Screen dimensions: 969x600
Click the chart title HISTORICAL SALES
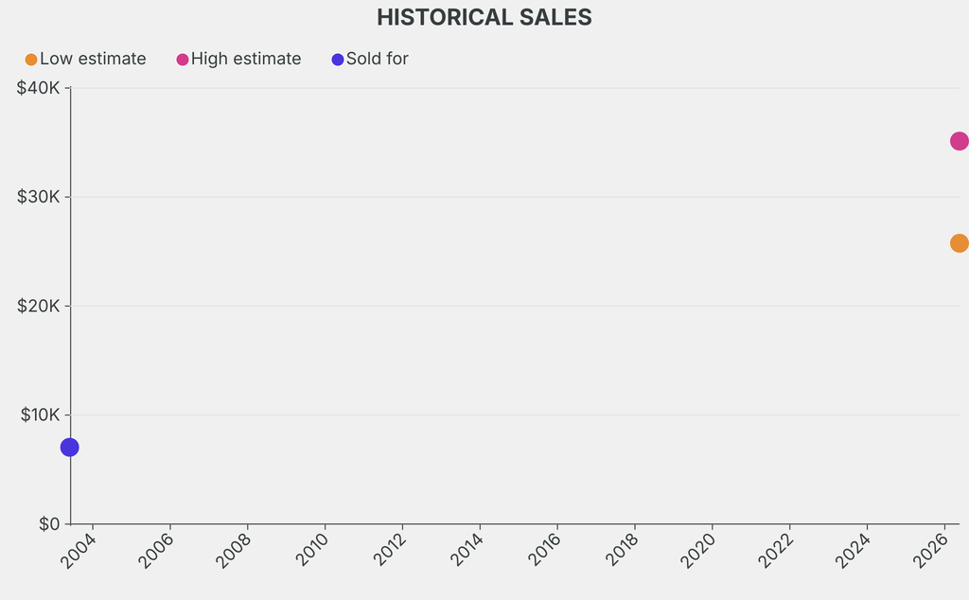(484, 17)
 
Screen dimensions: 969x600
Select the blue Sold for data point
(70, 448)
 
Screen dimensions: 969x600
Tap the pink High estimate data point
(960, 142)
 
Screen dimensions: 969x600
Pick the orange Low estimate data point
(960, 243)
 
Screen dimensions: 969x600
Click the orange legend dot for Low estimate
(31, 60)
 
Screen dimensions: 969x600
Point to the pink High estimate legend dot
(183, 60)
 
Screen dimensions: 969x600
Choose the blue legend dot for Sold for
(338, 60)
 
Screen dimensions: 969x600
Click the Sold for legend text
(377, 59)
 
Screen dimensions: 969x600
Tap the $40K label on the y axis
(38, 88)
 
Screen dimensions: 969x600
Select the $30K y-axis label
(38, 197)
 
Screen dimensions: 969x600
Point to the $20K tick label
(38, 306)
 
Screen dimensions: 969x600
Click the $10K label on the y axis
(40, 415)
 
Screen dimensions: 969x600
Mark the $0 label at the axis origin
(49, 524)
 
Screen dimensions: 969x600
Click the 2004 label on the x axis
(79, 550)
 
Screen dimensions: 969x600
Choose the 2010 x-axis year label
(311, 550)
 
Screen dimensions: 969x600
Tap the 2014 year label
(467, 550)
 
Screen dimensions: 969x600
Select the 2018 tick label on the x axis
(621, 550)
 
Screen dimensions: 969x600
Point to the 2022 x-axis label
(776, 550)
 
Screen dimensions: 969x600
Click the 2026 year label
(931, 550)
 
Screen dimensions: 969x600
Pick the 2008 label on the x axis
(235, 550)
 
